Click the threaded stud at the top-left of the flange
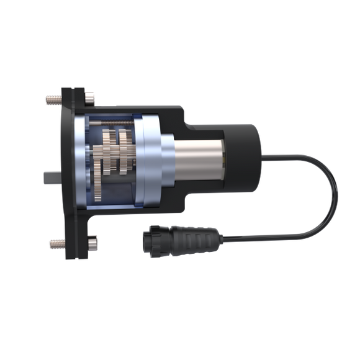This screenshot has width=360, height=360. click(x=50, y=98)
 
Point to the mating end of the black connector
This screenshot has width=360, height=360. click(x=147, y=239)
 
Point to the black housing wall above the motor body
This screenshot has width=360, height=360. click(x=205, y=123)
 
